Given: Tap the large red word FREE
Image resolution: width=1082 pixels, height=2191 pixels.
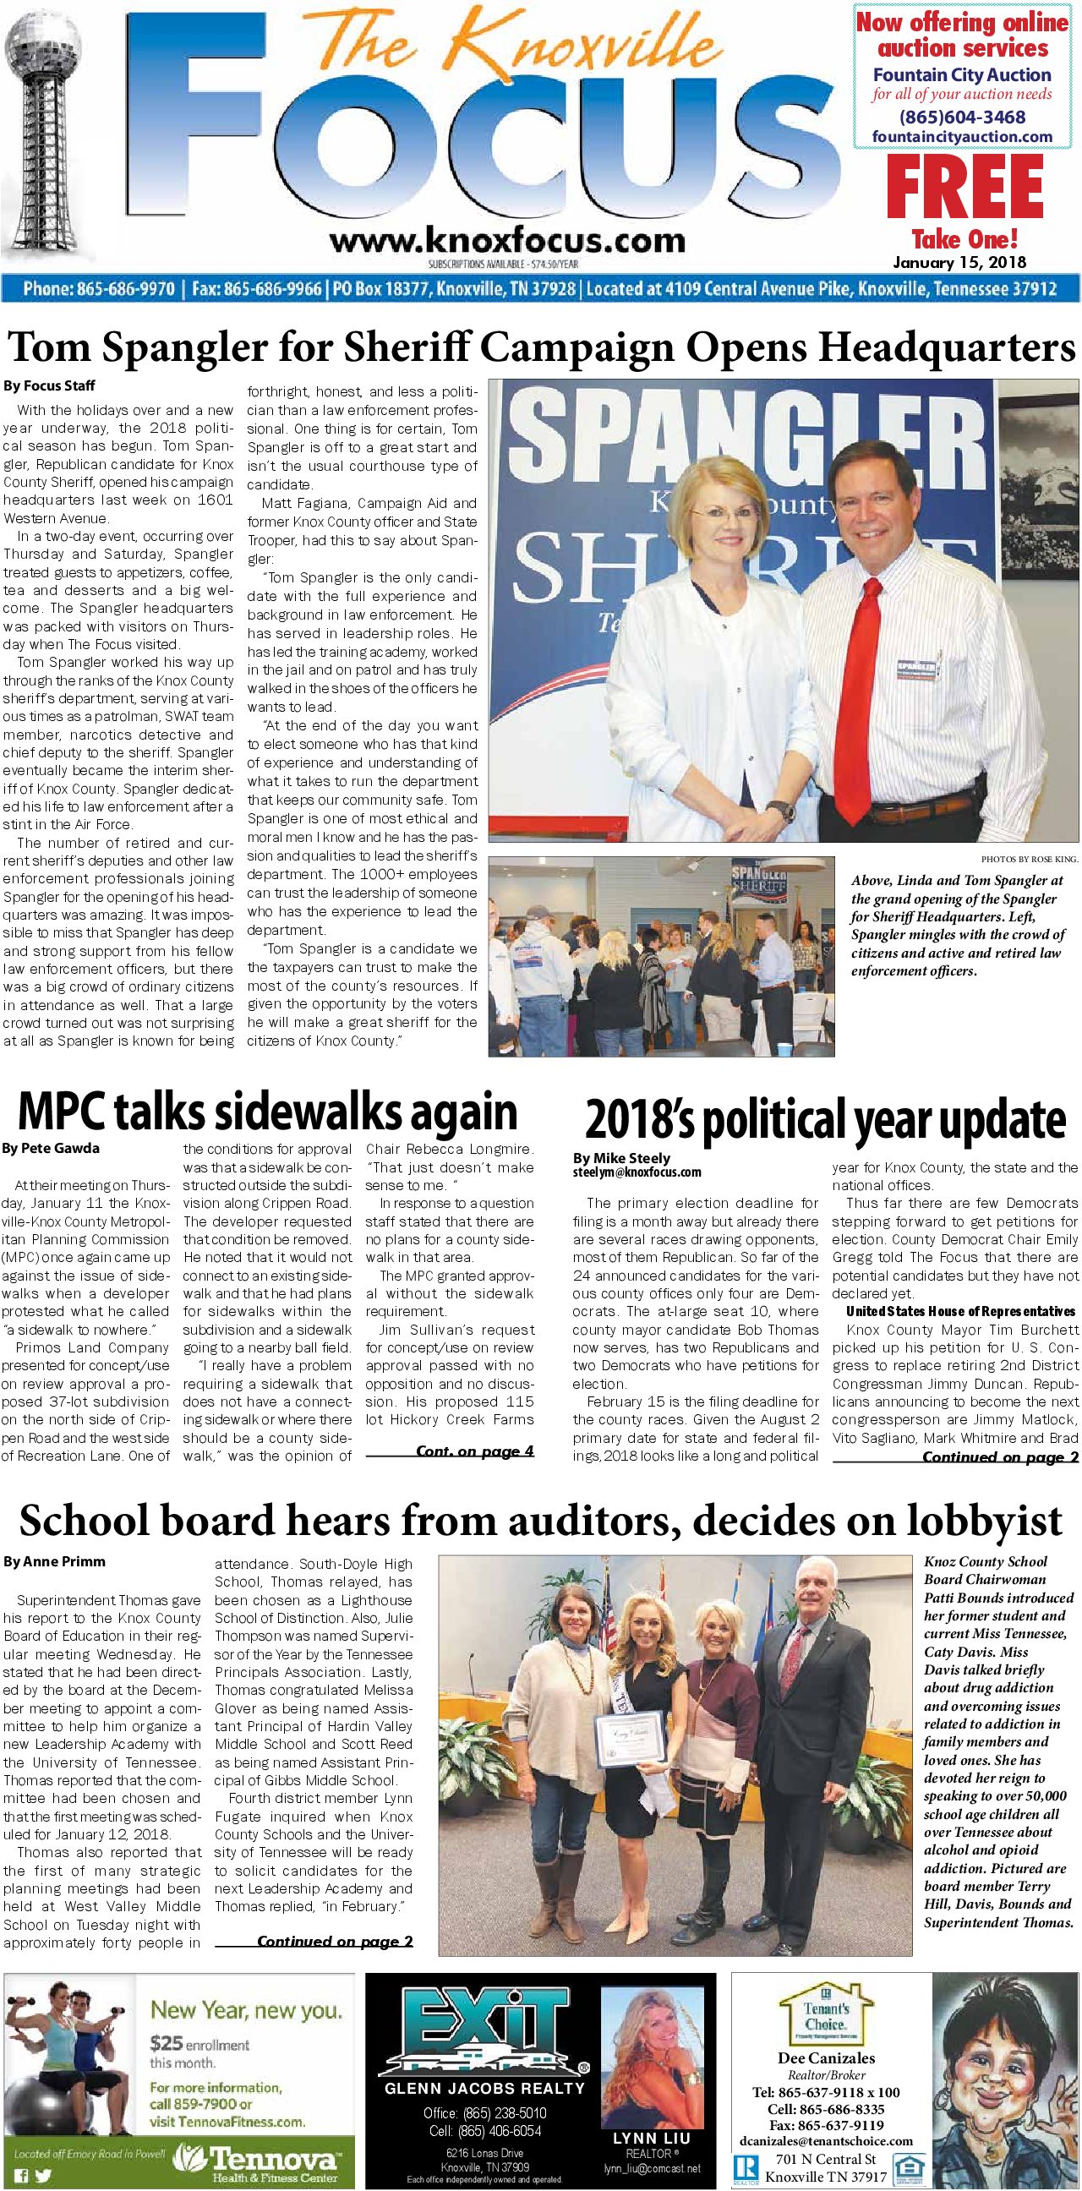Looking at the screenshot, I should coord(964,189).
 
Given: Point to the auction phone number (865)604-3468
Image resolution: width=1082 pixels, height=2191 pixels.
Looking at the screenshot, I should coord(962,117).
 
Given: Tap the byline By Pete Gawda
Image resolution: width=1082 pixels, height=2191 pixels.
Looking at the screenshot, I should coord(51,1148).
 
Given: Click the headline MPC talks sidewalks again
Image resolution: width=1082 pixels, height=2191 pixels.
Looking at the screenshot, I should coord(267,1110).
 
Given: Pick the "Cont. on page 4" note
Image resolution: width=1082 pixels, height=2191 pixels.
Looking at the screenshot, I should coord(475,1451).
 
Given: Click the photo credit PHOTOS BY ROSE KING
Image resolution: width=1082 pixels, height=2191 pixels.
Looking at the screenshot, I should coord(1030,859).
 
